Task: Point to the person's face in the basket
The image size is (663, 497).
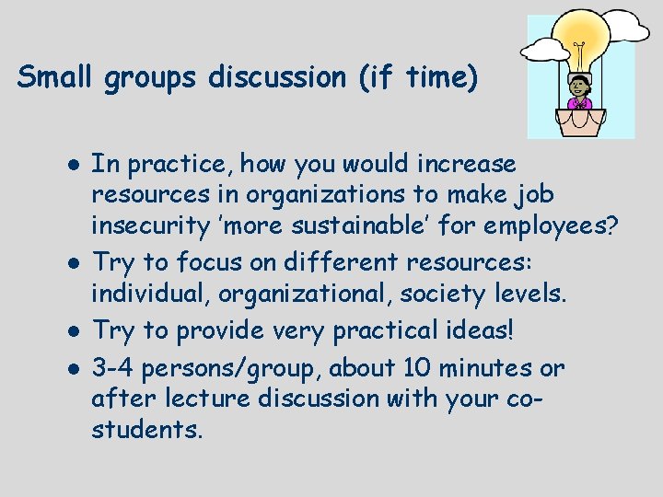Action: (580, 88)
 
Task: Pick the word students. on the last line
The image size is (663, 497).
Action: (145, 429)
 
